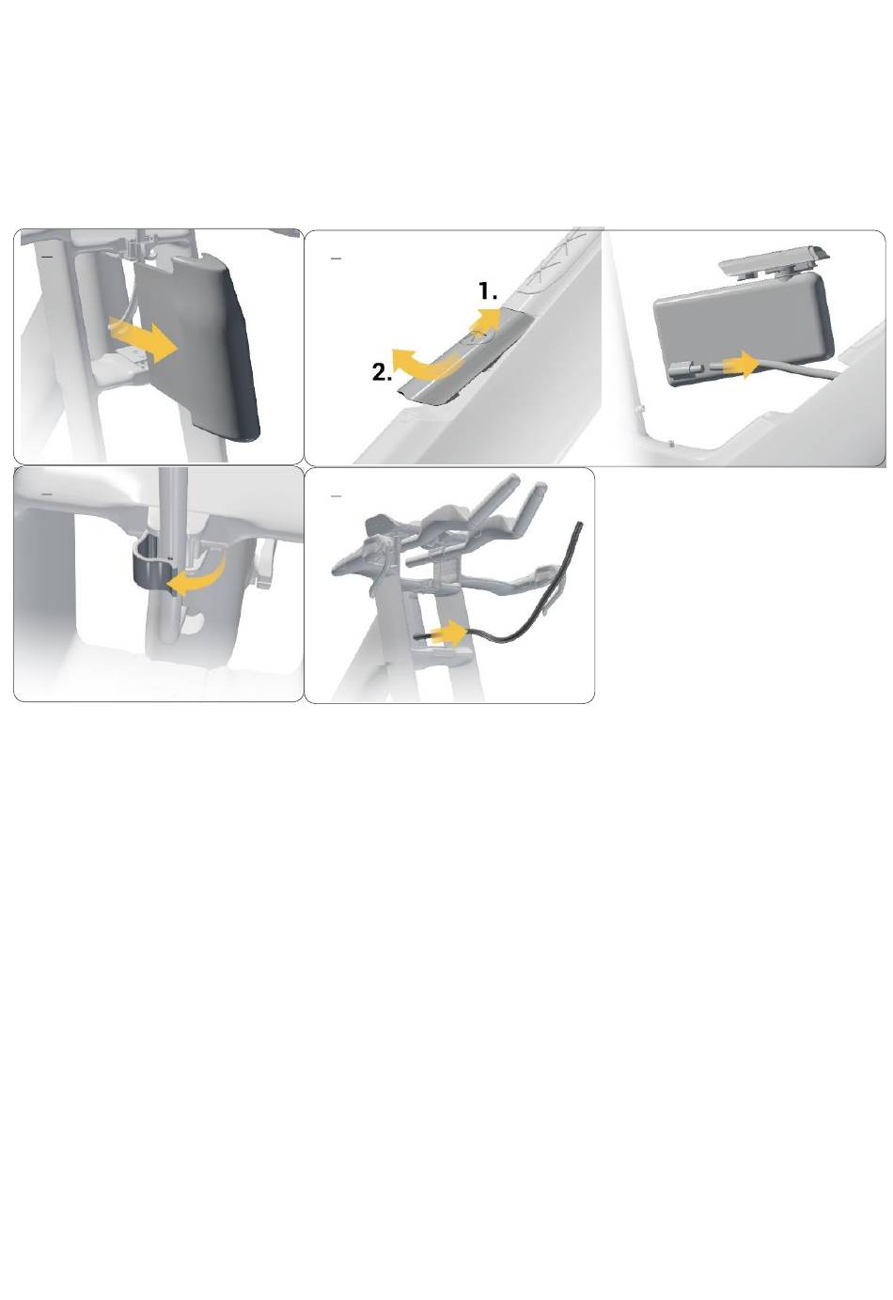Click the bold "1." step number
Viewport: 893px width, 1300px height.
pos(488,290)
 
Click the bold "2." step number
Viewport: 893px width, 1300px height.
pos(382,371)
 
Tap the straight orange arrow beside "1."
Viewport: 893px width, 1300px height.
pos(485,321)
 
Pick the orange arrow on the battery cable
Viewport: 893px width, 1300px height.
pos(738,365)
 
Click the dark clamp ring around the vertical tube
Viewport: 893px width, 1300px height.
pos(152,567)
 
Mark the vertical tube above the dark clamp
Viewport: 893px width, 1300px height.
pos(174,505)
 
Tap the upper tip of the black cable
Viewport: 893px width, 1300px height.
pos(578,524)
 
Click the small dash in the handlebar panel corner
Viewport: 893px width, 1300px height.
pos(336,497)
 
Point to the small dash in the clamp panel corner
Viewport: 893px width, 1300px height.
pos(47,493)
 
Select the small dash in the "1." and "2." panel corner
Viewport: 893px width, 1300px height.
pos(336,258)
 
